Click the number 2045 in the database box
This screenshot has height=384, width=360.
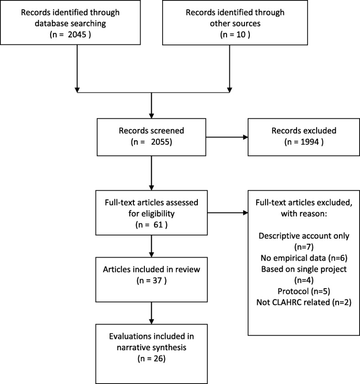(77, 35)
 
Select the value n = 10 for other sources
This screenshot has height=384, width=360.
(235, 35)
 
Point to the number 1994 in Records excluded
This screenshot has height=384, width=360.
(310, 142)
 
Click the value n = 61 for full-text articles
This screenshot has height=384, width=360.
(152, 225)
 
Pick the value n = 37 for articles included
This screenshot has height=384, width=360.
(152, 280)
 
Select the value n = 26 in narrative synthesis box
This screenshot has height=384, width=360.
(152, 358)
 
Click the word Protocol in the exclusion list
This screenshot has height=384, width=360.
(293, 291)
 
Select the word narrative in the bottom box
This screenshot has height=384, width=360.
(130, 347)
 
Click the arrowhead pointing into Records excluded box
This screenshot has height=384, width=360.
(245, 137)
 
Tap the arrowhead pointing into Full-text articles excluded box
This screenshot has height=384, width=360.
(245, 213)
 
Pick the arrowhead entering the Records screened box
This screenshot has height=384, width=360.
(152, 116)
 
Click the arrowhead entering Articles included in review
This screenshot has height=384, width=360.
(152, 255)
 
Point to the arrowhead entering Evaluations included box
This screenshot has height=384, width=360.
(152, 321)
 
